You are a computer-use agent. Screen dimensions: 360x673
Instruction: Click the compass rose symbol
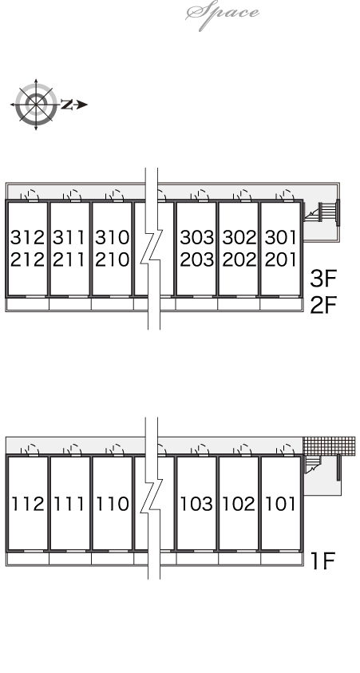[x=36, y=105]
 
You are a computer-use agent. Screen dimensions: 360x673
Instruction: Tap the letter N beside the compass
[x=66, y=105]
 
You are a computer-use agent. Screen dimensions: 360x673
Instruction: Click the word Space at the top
[x=222, y=14]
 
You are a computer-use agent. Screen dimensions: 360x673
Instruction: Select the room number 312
[x=27, y=237]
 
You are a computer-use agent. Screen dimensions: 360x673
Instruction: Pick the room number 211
[x=69, y=259]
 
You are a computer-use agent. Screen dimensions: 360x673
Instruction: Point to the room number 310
[x=112, y=237]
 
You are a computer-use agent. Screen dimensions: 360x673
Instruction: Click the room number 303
[x=197, y=237]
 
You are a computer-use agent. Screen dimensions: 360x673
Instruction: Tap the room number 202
[x=239, y=259]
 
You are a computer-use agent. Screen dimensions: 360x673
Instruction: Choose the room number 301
[x=281, y=237]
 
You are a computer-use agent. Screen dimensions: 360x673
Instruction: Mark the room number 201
[x=281, y=259]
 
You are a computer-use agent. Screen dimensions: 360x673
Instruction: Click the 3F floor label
[x=323, y=278]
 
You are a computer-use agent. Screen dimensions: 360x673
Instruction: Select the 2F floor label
[x=323, y=305]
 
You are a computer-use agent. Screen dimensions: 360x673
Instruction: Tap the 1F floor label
[x=322, y=560]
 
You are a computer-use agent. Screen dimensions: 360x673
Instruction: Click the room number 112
[x=27, y=504]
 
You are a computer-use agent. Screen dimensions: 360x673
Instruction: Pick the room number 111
[x=69, y=504]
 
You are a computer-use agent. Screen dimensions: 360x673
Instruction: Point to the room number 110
[x=112, y=504]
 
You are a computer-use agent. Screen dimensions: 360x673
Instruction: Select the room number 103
[x=196, y=504]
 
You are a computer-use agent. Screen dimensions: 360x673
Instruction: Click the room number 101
[x=281, y=504]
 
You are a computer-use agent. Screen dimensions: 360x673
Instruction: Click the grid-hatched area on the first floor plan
[x=329, y=446]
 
